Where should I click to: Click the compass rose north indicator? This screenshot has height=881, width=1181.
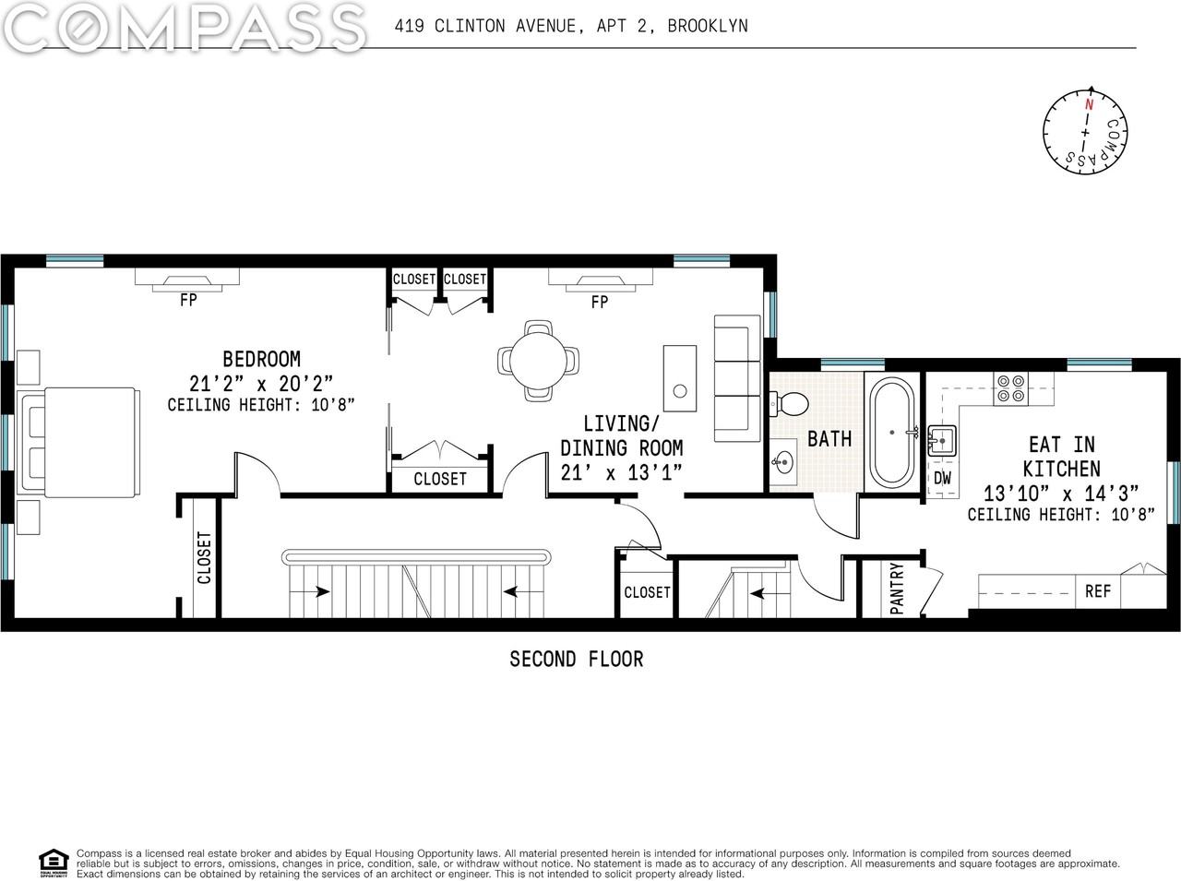1089,103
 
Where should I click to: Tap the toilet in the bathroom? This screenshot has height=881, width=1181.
789,403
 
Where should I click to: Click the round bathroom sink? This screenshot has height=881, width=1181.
785,461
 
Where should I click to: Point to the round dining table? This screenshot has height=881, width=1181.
539,359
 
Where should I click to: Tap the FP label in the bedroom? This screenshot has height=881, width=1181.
187,300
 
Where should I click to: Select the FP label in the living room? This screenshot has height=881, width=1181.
599,302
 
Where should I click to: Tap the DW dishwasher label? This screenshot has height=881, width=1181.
942,478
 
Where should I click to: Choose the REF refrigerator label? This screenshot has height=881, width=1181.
1097,591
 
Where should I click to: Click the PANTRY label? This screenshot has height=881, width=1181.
897,589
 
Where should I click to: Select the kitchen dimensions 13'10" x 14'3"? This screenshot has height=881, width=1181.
1061,493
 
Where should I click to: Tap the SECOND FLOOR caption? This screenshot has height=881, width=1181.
576,659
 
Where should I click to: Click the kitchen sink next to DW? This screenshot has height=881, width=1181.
941,441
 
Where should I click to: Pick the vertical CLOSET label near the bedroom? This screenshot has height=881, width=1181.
204,558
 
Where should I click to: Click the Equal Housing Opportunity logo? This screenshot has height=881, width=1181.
54,861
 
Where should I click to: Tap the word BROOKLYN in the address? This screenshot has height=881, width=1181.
707,26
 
